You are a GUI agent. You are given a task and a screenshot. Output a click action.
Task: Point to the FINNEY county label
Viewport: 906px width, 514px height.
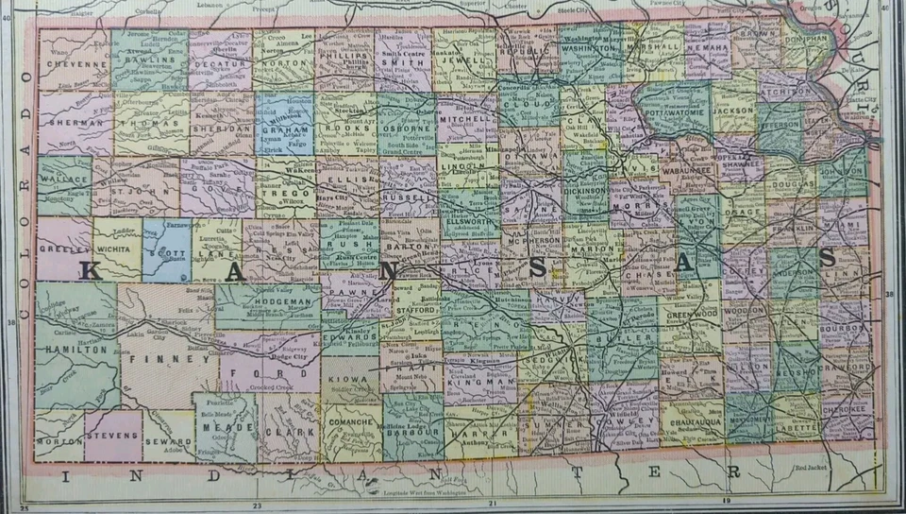(x=170, y=359)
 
